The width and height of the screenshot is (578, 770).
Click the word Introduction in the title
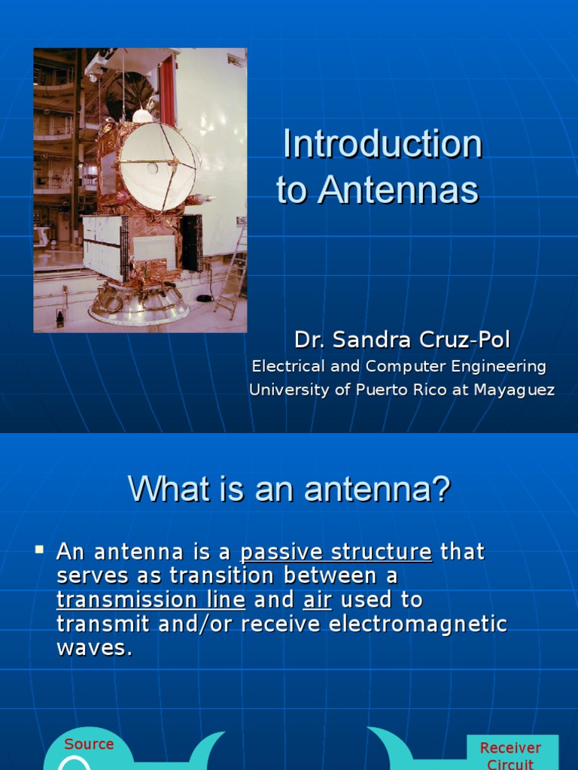pos(382,144)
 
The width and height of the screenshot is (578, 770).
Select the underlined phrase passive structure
pos(336,552)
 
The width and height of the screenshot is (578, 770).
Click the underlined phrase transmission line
pos(151,600)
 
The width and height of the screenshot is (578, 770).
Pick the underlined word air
pos(318,600)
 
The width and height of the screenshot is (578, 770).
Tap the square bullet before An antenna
pos(40,550)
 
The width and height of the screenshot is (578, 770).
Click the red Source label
pos(89,744)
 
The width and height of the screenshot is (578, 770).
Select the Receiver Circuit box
pos(511,754)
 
